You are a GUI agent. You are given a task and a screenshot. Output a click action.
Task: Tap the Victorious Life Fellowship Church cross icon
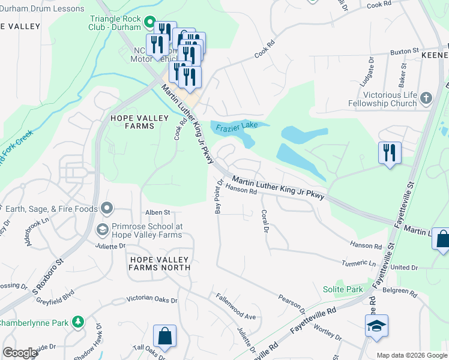426,98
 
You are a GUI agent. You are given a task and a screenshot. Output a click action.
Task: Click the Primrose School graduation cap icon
102,230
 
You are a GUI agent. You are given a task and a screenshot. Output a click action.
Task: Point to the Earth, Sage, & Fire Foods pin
107,209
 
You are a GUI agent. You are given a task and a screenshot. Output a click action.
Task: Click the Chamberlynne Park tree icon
77,322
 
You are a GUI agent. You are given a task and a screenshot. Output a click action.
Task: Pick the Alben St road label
158,212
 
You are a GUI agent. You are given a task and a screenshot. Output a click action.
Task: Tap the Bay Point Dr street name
218,198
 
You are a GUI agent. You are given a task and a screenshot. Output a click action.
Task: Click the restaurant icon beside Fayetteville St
390,152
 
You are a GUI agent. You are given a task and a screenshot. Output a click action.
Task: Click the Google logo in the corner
19,353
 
